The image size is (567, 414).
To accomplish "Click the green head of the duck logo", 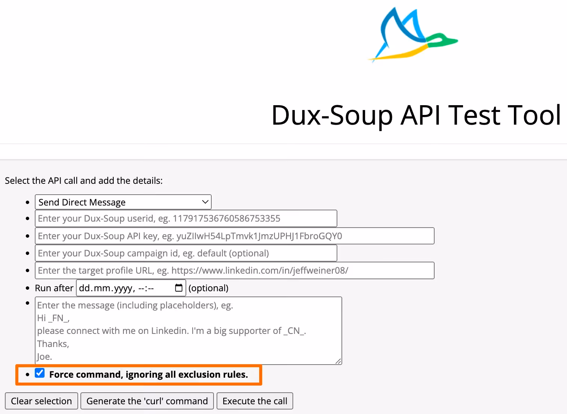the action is tap(441, 40).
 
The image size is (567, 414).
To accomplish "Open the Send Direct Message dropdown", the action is tap(123, 202).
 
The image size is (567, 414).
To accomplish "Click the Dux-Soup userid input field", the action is tap(186, 219).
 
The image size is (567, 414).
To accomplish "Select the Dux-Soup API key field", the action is tap(235, 236).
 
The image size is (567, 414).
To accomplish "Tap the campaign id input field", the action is tap(186, 253).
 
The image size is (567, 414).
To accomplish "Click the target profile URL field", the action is tap(235, 271).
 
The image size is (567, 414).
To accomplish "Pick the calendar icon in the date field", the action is tap(179, 288).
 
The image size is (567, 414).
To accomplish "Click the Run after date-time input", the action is tap(123, 288).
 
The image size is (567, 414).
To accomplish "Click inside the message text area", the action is tap(189, 331).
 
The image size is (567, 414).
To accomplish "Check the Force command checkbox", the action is tap(40, 373).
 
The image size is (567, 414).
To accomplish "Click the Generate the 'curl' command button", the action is tap(147, 401).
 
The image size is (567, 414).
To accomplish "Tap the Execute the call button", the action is tap(255, 401).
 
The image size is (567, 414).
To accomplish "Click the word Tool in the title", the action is tap(534, 115).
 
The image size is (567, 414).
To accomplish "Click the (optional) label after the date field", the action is tap(208, 288).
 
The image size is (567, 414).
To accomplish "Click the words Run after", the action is tap(54, 288).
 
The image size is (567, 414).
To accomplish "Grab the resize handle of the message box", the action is tap(338, 361).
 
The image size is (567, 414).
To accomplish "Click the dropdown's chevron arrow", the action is tap(205, 202).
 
